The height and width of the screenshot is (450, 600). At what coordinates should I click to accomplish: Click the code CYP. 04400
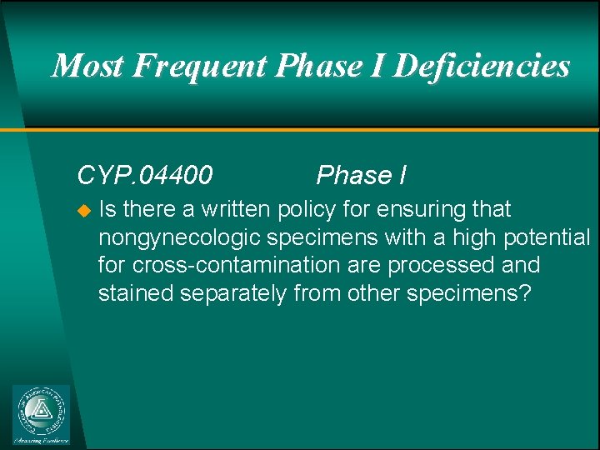tap(144, 175)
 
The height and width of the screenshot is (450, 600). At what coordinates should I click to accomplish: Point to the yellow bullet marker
tap(82, 209)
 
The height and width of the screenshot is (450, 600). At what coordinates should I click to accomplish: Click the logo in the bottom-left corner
tap(42, 414)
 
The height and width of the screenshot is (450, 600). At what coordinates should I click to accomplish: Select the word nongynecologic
tap(180, 237)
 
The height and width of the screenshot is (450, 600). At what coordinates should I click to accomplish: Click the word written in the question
tap(237, 208)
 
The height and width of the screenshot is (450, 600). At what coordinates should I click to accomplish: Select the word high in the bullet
tap(473, 237)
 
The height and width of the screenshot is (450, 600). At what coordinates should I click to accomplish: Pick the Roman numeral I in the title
tap(377, 66)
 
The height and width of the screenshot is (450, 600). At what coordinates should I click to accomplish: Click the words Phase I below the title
tap(362, 175)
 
